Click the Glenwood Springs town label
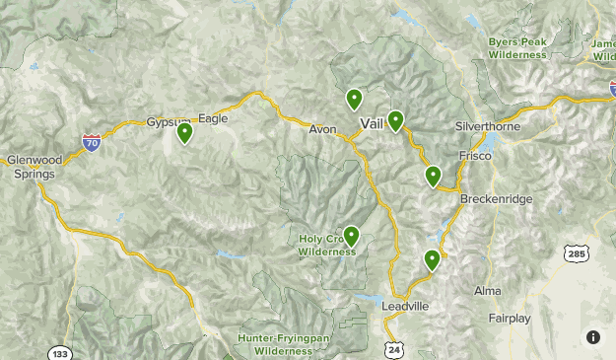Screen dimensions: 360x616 pyautogui.click(x=34, y=168)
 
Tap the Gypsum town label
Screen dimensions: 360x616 pyautogui.click(x=166, y=120)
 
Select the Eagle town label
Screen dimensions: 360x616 pyautogui.click(x=213, y=118)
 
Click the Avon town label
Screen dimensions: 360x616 pyautogui.click(x=322, y=129)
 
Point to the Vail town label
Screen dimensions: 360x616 pyautogui.click(x=373, y=124)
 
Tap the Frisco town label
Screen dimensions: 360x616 pyautogui.click(x=474, y=156)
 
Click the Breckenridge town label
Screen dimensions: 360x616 pyautogui.click(x=496, y=199)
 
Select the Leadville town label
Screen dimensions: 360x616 pyautogui.click(x=405, y=307)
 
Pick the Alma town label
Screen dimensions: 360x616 pyautogui.click(x=487, y=291)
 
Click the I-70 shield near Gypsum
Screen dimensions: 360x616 pyautogui.click(x=91, y=143)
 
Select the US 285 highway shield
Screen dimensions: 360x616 pyautogui.click(x=578, y=254)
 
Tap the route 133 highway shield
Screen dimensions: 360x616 pyautogui.click(x=58, y=351)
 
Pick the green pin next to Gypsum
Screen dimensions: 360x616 pyautogui.click(x=184, y=133)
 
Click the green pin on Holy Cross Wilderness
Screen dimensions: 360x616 pyautogui.click(x=350, y=236)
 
